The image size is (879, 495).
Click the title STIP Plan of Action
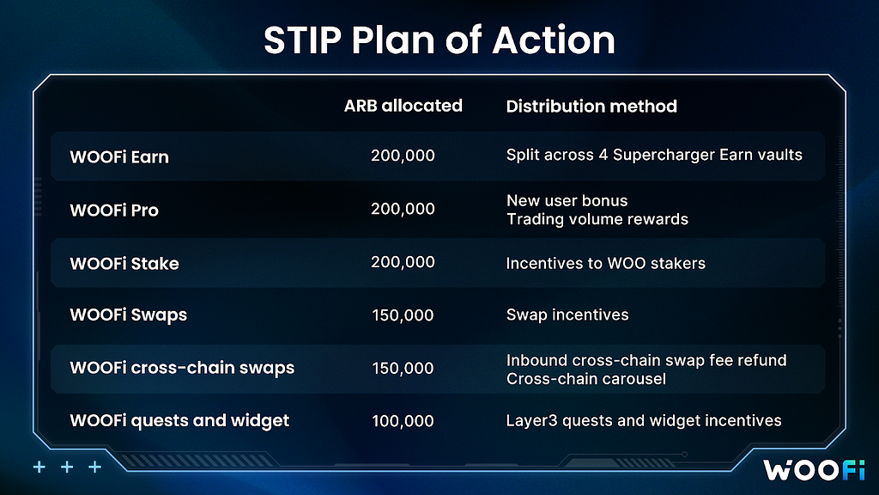coord(439,40)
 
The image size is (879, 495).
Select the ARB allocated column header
coord(403,106)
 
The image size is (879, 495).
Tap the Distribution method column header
coord(591,106)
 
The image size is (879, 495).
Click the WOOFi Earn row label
coord(119,156)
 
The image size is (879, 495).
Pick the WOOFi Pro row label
coord(114,210)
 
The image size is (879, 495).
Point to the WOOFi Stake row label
coord(124,263)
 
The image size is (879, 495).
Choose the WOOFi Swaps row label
coord(129,315)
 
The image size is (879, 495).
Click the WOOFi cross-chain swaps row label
coord(182,368)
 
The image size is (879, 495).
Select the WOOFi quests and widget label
coord(179,420)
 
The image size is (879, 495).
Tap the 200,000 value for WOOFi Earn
coord(403,156)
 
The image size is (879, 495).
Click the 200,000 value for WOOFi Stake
coord(403,262)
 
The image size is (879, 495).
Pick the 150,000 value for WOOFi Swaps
coord(403,315)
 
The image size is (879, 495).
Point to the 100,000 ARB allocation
coord(403,421)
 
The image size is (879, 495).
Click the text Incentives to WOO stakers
coord(605,263)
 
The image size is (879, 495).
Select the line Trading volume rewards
coord(597,219)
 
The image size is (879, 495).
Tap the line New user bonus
coord(567,200)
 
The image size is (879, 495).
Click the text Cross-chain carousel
coord(585,379)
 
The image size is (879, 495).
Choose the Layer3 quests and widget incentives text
coord(644,420)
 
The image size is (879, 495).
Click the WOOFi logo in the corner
coord(814,470)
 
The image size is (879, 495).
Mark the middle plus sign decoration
coord(67,467)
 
